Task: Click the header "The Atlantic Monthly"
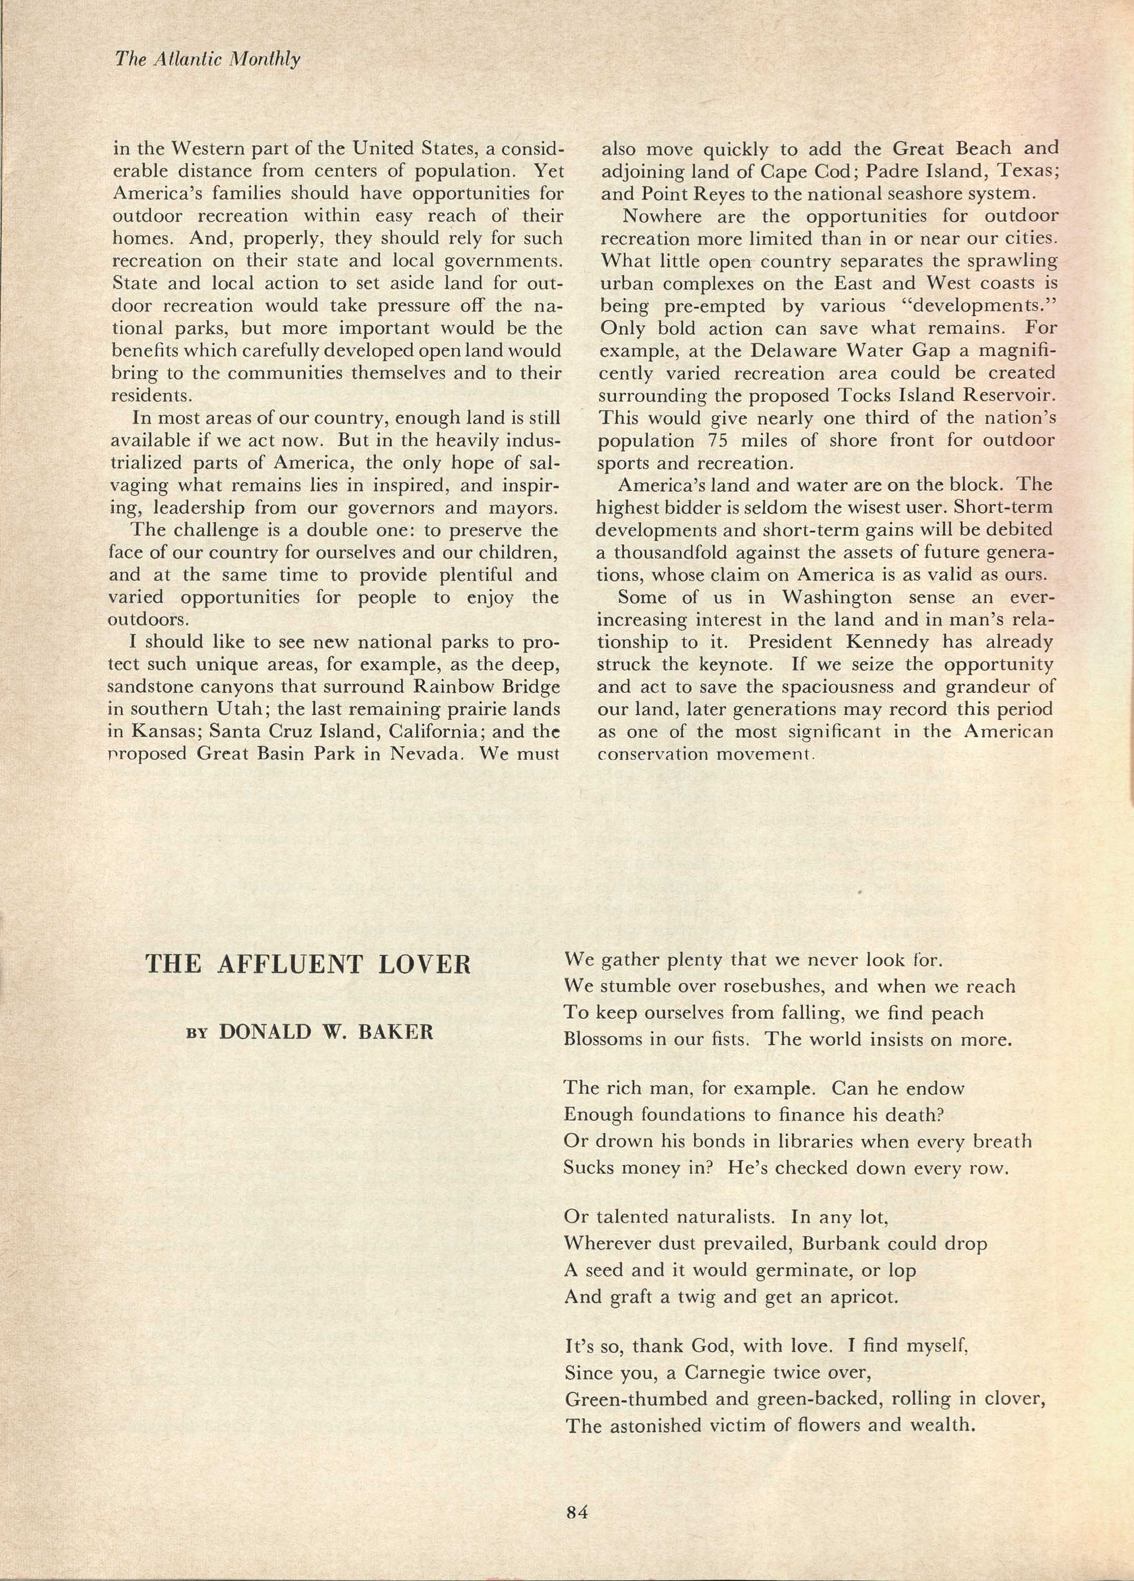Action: coord(207,60)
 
